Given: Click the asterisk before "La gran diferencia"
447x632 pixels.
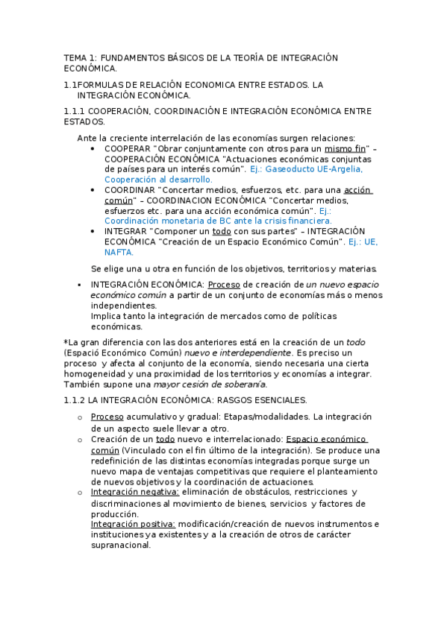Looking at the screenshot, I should click(66, 342).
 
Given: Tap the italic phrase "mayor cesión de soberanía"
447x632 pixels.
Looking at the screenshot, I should click(209, 385).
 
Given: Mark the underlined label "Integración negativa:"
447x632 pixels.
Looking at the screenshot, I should click(134, 492).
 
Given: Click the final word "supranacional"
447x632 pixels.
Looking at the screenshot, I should click(120, 545).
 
